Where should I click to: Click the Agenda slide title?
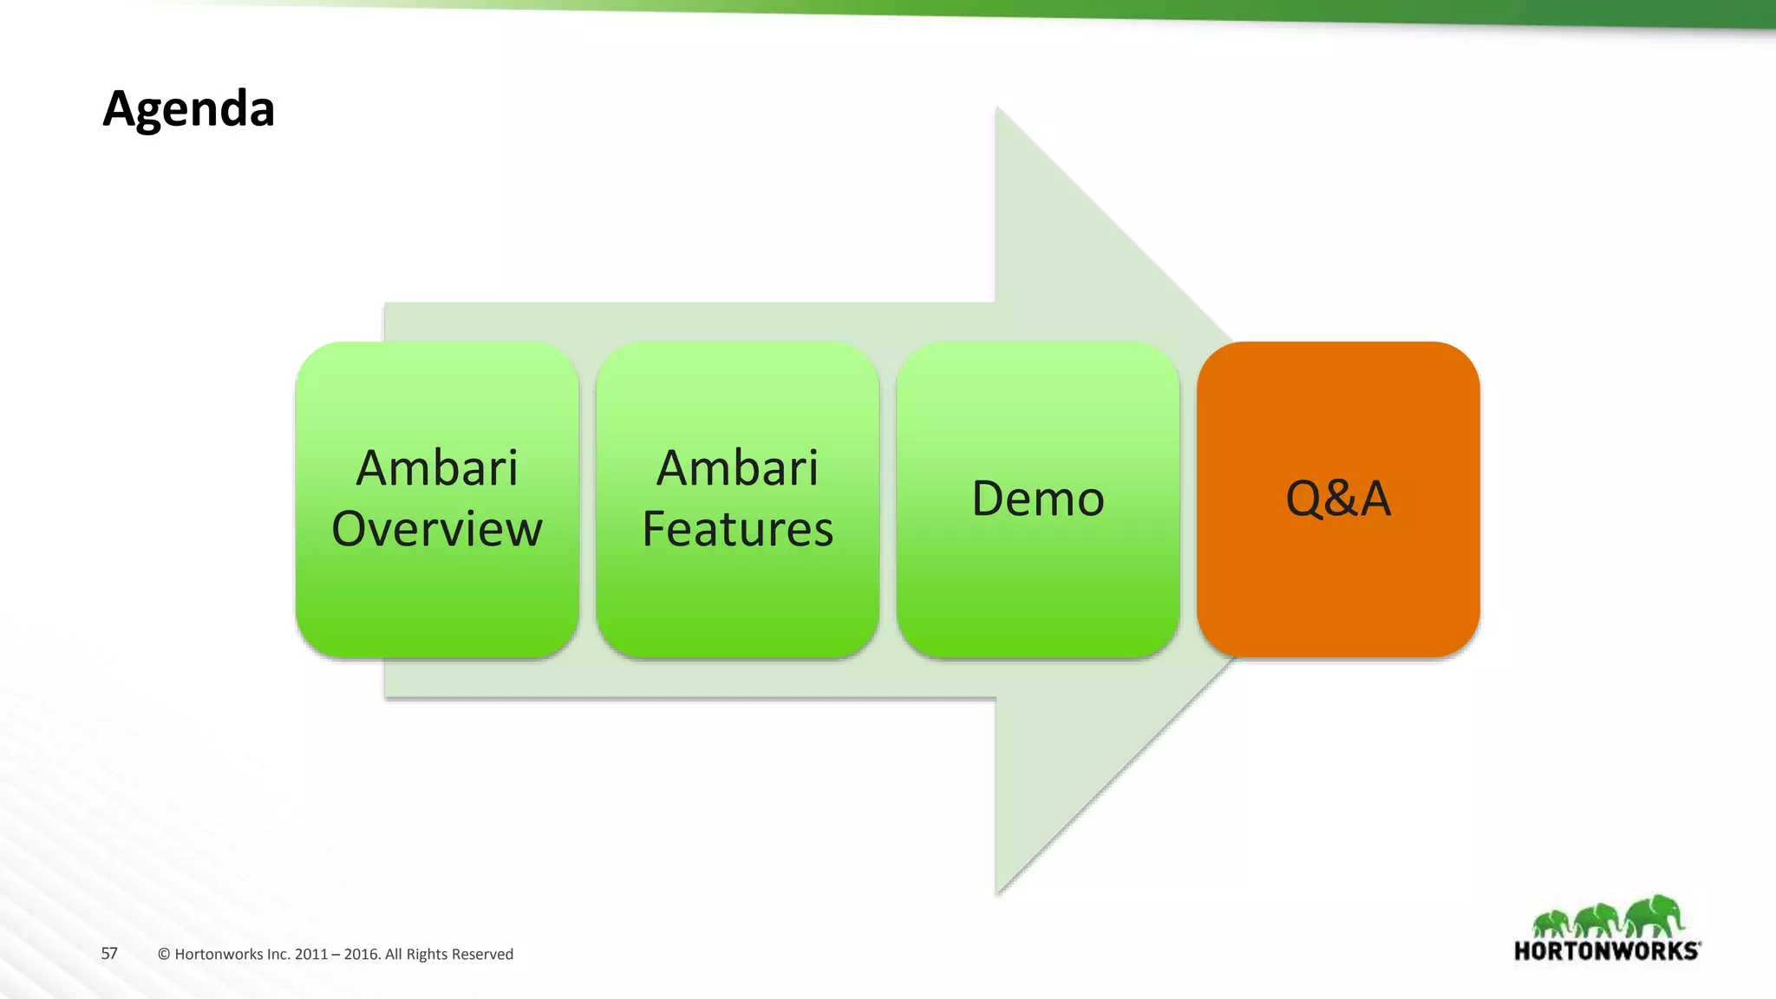click(188, 109)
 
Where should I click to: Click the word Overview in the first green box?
click(437, 529)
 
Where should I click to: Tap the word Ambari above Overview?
click(437, 468)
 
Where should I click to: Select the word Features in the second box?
click(737, 529)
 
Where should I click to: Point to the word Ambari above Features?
click(737, 468)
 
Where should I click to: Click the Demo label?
click(1038, 499)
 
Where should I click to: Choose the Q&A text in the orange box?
click(1338, 499)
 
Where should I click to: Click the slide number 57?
click(109, 954)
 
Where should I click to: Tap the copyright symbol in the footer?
click(164, 955)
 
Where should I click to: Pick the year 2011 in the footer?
click(310, 955)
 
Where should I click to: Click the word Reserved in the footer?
click(481, 955)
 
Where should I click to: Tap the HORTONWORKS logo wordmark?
click(1607, 951)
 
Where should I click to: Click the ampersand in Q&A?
click(1339, 499)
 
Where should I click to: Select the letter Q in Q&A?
click(1303, 499)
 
